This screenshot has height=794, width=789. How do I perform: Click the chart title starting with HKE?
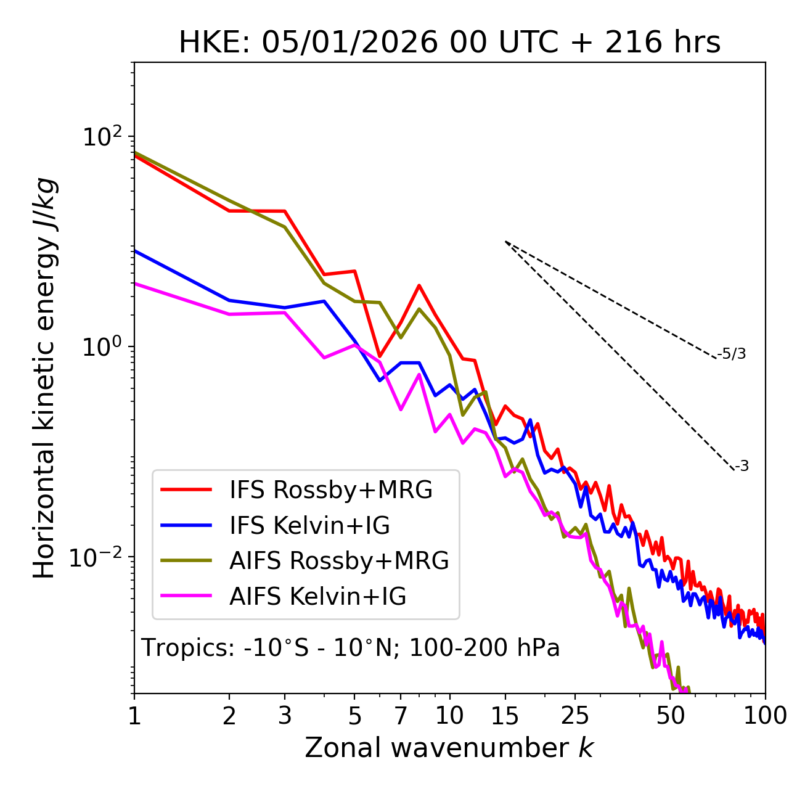click(449, 43)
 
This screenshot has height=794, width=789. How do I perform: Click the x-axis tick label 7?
click(401, 716)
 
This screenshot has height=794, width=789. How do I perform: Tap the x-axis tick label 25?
click(575, 716)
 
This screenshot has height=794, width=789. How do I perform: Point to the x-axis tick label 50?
click(670, 716)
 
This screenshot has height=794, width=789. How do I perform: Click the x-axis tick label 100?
click(765, 716)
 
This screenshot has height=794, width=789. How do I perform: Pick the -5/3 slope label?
click(732, 354)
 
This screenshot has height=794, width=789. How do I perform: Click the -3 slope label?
click(742, 466)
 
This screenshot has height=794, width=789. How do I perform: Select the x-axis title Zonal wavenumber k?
click(449, 748)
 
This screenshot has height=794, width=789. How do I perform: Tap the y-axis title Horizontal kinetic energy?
click(44, 378)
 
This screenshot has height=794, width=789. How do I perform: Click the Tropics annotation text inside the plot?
click(351, 648)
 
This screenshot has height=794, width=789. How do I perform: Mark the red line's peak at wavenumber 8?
click(419, 285)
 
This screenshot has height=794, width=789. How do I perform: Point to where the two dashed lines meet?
click(505, 242)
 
